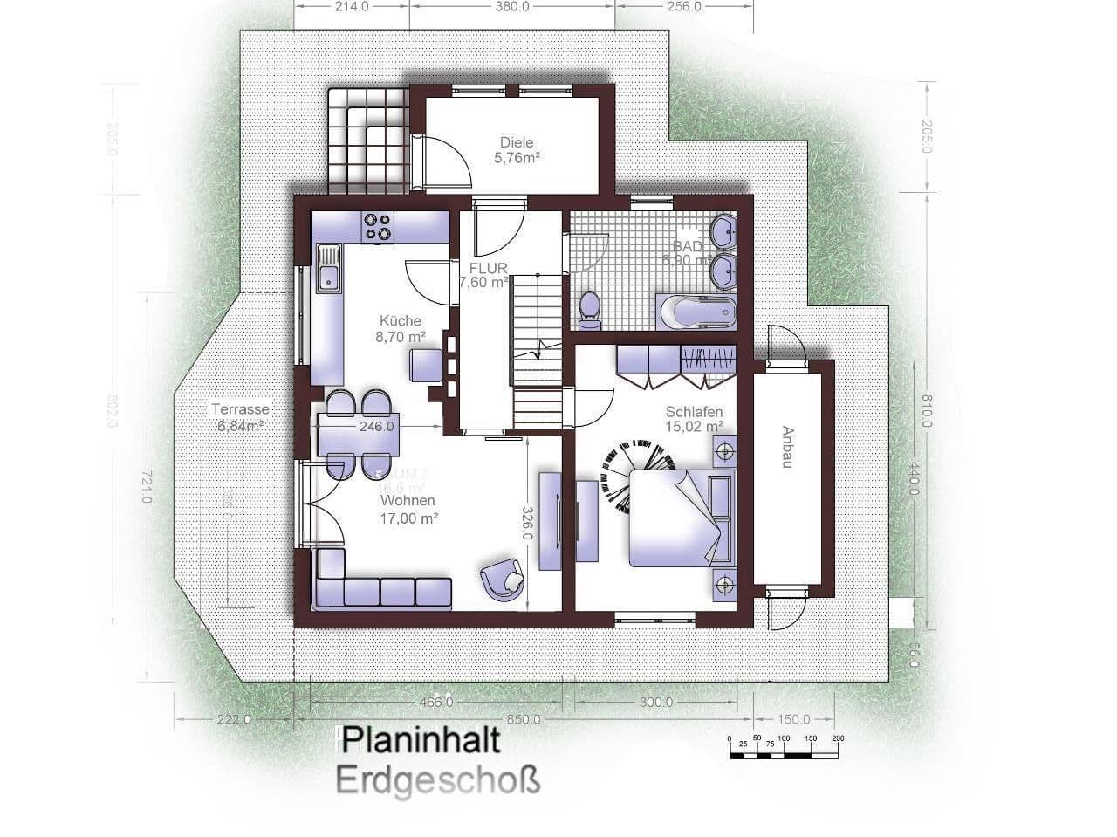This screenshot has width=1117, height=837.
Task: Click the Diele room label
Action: click(516, 150)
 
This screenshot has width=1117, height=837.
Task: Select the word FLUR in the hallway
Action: click(487, 267)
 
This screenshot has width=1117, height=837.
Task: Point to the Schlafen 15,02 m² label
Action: click(694, 419)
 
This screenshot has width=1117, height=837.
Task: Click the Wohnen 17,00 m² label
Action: click(408, 509)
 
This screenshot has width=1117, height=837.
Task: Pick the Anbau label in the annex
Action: click(787, 448)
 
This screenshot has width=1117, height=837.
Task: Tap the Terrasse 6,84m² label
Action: click(240, 417)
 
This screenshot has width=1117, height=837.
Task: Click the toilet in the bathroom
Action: click(590, 310)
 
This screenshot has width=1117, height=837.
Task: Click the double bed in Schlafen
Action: click(676, 517)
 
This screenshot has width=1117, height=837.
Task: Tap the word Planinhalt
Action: click(421, 740)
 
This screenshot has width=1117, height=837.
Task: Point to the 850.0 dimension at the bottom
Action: click(523, 720)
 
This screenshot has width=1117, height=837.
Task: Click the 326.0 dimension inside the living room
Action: click(528, 524)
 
